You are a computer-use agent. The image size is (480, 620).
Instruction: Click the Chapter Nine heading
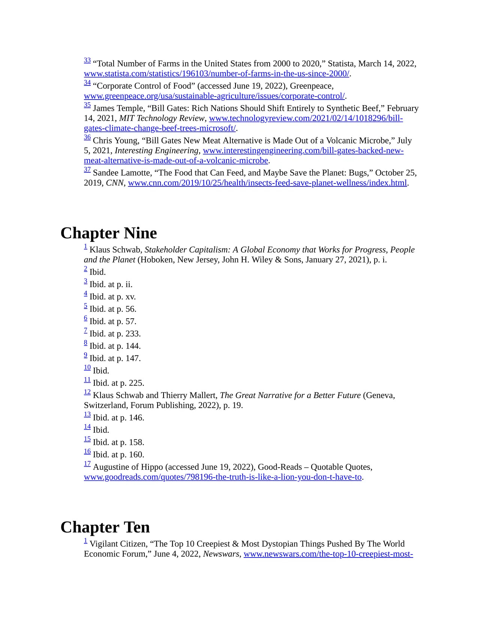(x=108, y=233)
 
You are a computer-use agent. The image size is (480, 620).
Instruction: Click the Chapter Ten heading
(x=105, y=527)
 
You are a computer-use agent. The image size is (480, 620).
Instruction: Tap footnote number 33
(x=87, y=60)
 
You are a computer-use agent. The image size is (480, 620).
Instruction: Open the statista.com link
(x=216, y=74)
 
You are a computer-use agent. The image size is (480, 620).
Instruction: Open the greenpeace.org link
(x=214, y=96)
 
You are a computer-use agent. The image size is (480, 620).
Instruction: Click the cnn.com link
(x=267, y=183)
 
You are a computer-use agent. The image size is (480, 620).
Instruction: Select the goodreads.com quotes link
(x=222, y=477)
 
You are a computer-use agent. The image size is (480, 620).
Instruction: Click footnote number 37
(x=87, y=170)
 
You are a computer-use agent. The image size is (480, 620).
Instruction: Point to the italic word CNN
(x=115, y=183)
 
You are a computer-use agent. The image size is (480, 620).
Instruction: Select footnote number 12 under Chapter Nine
(x=87, y=392)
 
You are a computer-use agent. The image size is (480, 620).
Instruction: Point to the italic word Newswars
(x=221, y=554)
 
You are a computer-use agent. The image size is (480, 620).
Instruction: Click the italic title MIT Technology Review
(x=162, y=118)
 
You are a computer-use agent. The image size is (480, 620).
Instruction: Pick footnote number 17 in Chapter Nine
(x=87, y=464)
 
